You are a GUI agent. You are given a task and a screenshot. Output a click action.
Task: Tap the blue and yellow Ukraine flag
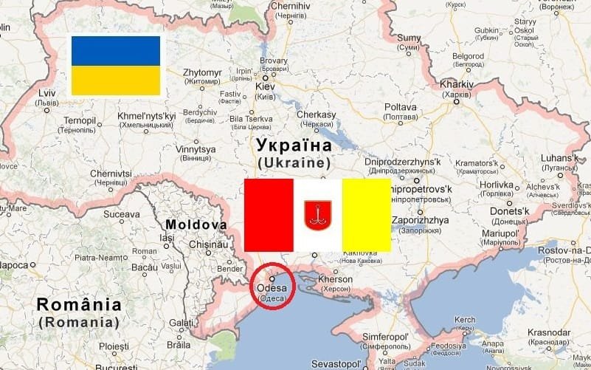click(x=116, y=66)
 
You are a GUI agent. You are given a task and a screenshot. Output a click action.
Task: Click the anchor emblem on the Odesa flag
click(x=317, y=215)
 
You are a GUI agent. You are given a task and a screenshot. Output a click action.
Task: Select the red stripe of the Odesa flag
click(x=269, y=215)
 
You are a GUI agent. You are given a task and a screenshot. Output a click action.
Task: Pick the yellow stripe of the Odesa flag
click(x=366, y=215)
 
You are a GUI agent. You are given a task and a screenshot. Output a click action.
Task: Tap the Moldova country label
click(x=196, y=225)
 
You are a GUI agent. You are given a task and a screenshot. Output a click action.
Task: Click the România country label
click(x=79, y=304)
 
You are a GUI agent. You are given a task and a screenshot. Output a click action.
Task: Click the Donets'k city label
click(x=505, y=212)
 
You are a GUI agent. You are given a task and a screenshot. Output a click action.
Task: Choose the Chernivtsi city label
click(x=111, y=174)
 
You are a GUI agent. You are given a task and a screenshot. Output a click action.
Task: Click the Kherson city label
click(x=336, y=281)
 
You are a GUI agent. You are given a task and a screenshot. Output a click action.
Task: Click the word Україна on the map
click(x=293, y=144)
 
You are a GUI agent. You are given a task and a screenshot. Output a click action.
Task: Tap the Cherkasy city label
click(x=316, y=115)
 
